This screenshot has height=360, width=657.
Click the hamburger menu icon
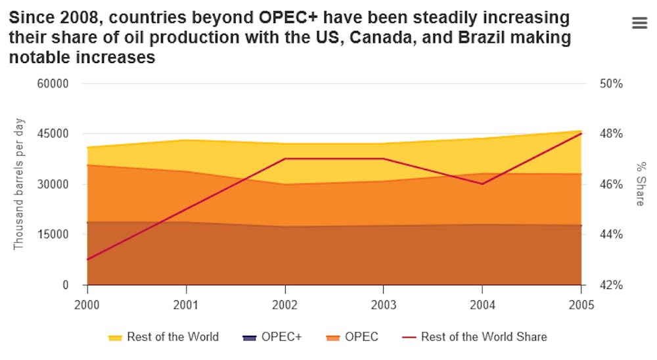pos(639,23)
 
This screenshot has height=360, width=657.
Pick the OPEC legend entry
pos(352,337)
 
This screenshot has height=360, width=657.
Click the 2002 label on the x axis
pos(284,305)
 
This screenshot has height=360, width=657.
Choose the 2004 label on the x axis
pos(482,305)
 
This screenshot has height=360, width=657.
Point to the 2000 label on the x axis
pos(87,305)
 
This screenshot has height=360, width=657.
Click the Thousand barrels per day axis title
pos(19,184)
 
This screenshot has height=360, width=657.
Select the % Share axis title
pos(641,184)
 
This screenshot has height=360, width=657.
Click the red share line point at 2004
pos(482,184)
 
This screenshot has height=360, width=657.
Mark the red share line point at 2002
pos(284,158)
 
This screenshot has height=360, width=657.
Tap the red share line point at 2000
pos(87,259)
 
